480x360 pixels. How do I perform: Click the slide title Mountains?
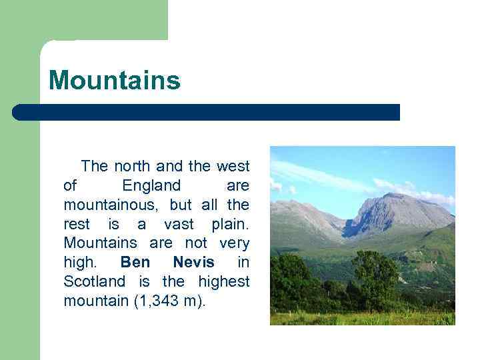coord(114,81)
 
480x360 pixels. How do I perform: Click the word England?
coord(151,185)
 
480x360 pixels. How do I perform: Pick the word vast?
coord(179,223)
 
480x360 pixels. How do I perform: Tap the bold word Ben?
coord(135,262)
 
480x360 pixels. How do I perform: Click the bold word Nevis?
coord(193,262)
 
